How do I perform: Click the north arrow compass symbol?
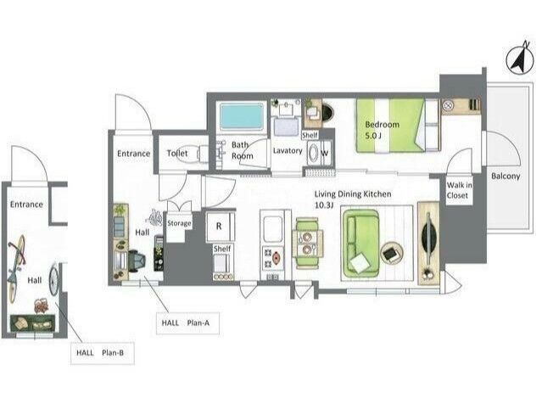(x=519, y=59)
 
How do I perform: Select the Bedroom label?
(x=382, y=125)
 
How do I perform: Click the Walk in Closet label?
(x=459, y=190)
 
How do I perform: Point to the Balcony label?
(x=506, y=176)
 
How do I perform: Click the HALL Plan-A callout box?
(x=187, y=323)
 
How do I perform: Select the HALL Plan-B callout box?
(x=103, y=353)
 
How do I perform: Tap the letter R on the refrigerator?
(x=219, y=227)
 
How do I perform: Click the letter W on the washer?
(x=325, y=153)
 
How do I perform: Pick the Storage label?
(x=179, y=223)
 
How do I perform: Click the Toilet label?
(x=177, y=153)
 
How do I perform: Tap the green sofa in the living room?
(x=360, y=242)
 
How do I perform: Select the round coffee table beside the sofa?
(x=392, y=253)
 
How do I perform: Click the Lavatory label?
(x=288, y=151)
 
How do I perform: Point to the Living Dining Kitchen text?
(x=353, y=194)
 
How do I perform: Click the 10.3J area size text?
(x=324, y=205)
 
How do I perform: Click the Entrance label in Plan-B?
(x=26, y=205)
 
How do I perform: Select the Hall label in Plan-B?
(x=35, y=280)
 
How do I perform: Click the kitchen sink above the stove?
(x=273, y=229)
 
